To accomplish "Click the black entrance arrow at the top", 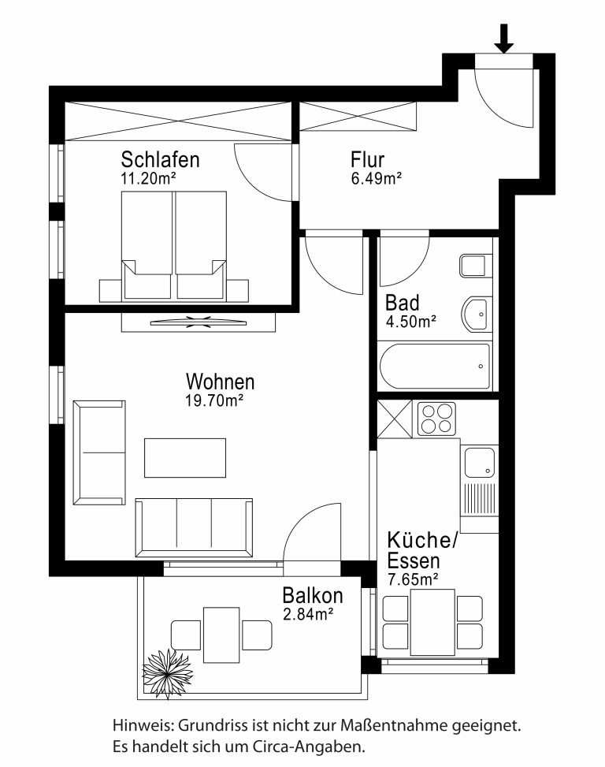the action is [503, 38].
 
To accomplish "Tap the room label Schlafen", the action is [160, 159].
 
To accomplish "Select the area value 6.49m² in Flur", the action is [377, 178].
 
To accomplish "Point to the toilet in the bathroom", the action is [476, 266].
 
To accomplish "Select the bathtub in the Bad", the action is [434, 367].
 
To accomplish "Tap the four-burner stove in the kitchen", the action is [436, 419].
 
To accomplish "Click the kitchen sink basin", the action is [480, 462].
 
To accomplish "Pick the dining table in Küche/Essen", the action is [433, 622].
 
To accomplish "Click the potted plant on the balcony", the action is [168, 674].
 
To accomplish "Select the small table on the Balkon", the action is [221, 635].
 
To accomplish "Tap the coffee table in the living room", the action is [185, 458].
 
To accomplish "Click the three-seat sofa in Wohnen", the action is [194, 528].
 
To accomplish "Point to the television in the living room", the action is [198, 322].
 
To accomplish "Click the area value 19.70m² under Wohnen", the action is [214, 400].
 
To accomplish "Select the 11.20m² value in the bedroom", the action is [148, 178].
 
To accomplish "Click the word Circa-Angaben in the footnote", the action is [309, 747].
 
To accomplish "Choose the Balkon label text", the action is [313, 595].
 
